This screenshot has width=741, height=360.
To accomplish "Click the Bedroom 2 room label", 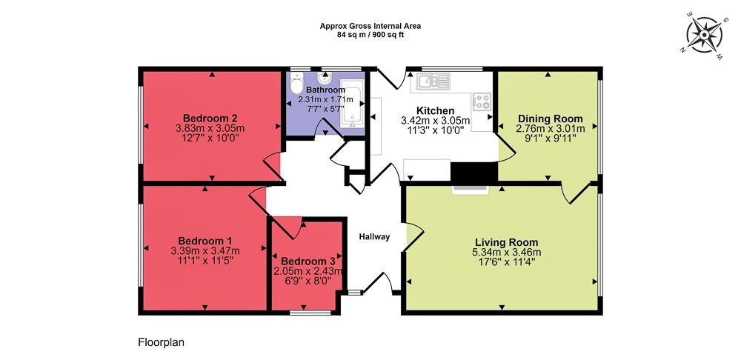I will coord(210,118).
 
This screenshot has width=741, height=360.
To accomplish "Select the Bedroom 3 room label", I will coord(308,261).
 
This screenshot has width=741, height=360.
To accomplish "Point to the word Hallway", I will coord(374,237).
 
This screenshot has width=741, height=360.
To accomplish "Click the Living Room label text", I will coord(507,242).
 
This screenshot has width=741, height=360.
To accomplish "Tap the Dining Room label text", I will coord(550,119).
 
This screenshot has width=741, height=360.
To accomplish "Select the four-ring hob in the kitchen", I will coord(482,101).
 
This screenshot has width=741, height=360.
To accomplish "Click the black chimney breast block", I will coord(473,172).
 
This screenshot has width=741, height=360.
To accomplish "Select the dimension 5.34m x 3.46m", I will coord(507,252).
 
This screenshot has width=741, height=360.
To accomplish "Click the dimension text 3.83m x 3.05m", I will coord(210,128).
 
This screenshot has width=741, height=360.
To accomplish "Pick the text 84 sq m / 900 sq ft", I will coord(370,34).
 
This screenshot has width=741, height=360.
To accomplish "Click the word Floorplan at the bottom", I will coord(160,342).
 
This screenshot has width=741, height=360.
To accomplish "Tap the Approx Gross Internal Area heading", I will coord(370,25).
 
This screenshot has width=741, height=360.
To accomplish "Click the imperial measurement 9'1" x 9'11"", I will coord(550,138).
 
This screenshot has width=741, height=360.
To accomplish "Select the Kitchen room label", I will coord(435,110).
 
